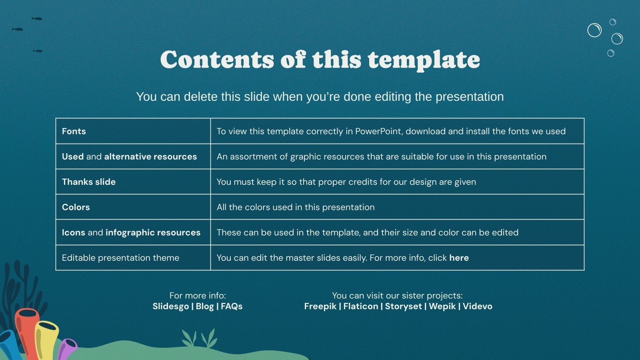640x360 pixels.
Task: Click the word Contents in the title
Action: (x=217, y=60)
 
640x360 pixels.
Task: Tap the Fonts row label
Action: (x=74, y=131)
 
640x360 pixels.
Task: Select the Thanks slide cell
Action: (x=89, y=182)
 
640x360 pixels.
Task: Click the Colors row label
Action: (x=76, y=207)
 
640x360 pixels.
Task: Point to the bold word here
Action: (x=459, y=258)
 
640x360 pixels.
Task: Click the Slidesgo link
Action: (x=170, y=306)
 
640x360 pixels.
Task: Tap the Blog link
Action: (x=205, y=306)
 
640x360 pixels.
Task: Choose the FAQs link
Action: (x=232, y=306)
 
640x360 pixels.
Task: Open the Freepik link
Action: (x=320, y=306)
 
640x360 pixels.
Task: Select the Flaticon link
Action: (x=360, y=306)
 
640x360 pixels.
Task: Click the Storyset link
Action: (x=403, y=306)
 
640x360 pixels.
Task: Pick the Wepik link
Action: (x=442, y=306)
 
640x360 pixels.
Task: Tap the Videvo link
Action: (x=478, y=306)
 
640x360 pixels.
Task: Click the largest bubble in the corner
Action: (x=594, y=30)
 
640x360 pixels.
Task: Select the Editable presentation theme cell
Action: (x=120, y=258)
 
